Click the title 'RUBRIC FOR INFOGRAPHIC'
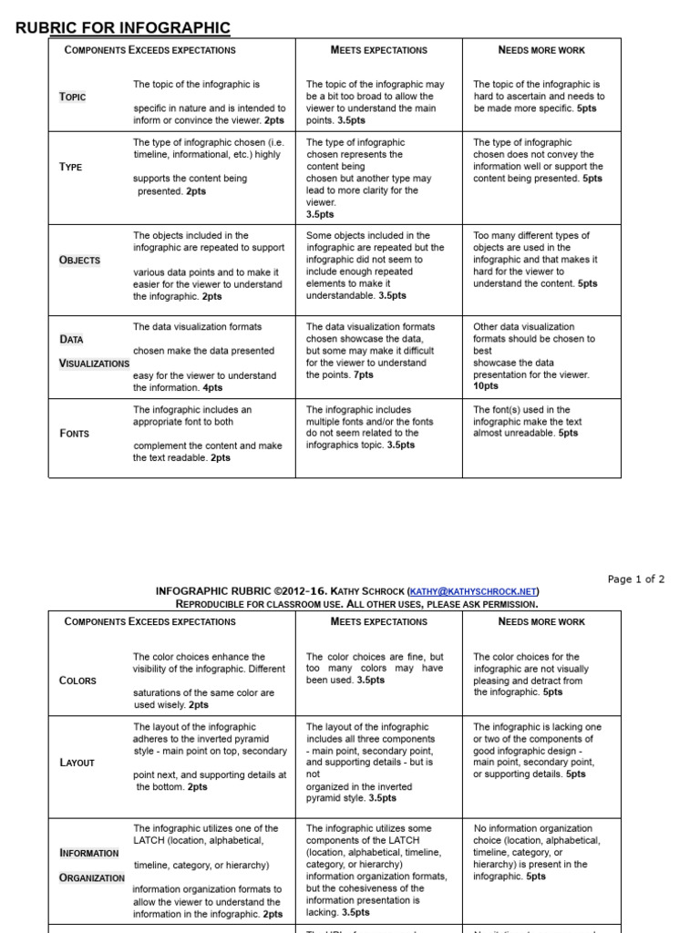pyautogui.click(x=123, y=28)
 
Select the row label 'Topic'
pyautogui.click(x=73, y=97)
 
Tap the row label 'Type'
pyautogui.click(x=70, y=167)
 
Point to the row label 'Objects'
pyautogui.click(x=79, y=260)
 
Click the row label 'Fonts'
pyautogui.click(x=74, y=434)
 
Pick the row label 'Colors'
pyautogui.click(x=77, y=681)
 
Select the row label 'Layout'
pyautogui.click(x=77, y=763)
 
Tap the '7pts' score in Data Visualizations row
pyautogui.click(x=364, y=374)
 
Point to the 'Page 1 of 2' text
pyautogui.click(x=636, y=579)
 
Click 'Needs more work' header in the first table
pyautogui.click(x=541, y=50)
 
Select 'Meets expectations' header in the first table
pyautogui.click(x=378, y=50)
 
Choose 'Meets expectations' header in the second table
pyautogui.click(x=378, y=621)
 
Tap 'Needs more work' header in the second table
pyautogui.click(x=541, y=621)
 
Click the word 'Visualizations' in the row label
pyautogui.click(x=94, y=364)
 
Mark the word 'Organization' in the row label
pyautogui.click(x=91, y=878)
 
